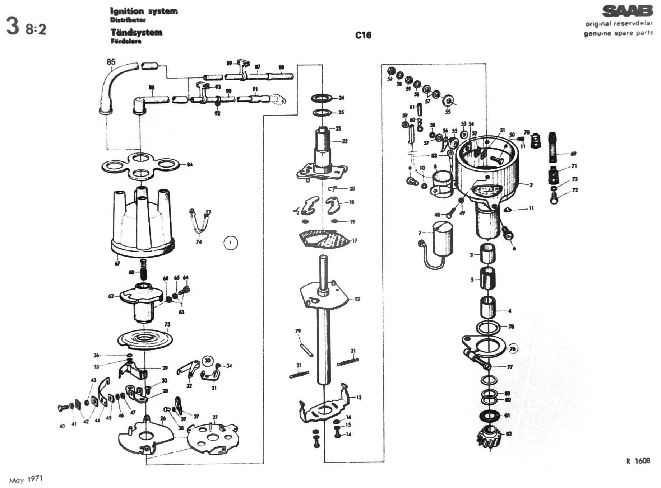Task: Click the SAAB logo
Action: tap(627, 11)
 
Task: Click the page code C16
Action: tap(363, 35)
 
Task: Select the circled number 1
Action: tap(230, 243)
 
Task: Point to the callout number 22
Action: tap(345, 141)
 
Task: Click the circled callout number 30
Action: tap(208, 360)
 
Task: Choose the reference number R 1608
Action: tap(638, 461)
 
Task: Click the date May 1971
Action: tap(26, 479)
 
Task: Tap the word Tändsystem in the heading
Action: tap(136, 32)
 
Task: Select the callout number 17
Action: tap(355, 240)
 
